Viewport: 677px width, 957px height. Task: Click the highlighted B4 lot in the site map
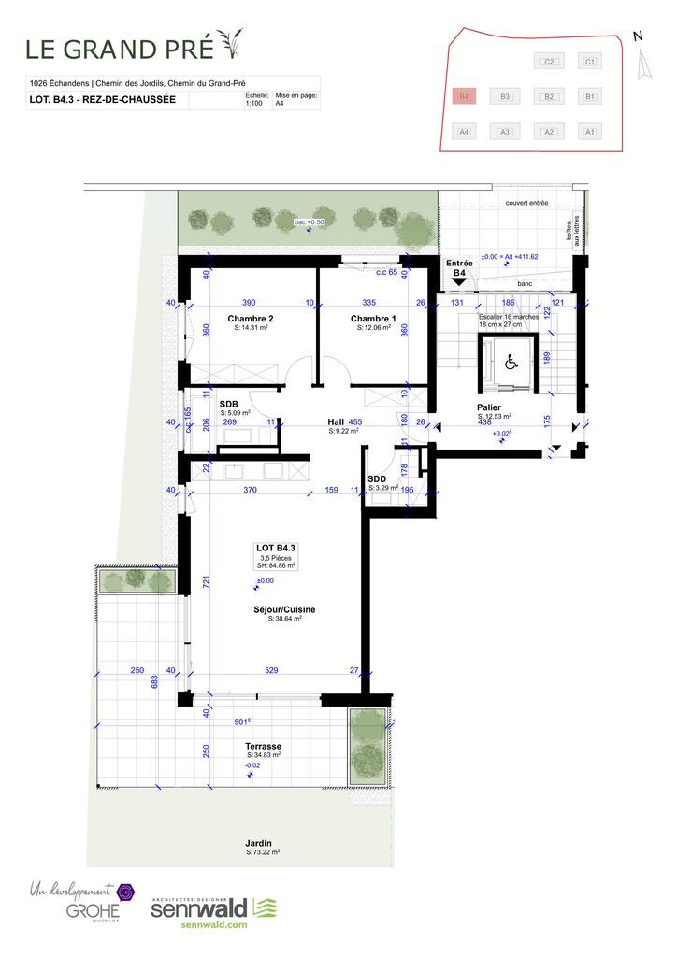pyautogui.click(x=463, y=96)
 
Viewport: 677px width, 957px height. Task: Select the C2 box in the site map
pyautogui.click(x=549, y=62)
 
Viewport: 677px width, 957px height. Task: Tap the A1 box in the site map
pyautogui.click(x=589, y=132)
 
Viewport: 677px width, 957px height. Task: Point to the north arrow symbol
pyautogui.click(x=641, y=64)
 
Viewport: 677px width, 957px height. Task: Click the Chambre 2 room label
pyautogui.click(x=251, y=320)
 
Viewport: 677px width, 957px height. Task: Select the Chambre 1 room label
pyautogui.click(x=373, y=320)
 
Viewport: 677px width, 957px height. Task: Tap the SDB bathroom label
pyautogui.click(x=229, y=404)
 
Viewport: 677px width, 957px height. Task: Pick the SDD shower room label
pyautogui.click(x=377, y=478)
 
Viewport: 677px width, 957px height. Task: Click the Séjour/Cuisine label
pyautogui.click(x=284, y=609)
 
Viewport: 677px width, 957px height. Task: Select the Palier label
pyautogui.click(x=488, y=407)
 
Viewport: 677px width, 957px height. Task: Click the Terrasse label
pyautogui.click(x=263, y=746)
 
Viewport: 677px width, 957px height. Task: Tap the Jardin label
pyautogui.click(x=263, y=843)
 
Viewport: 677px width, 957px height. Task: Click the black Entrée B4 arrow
pyautogui.click(x=459, y=281)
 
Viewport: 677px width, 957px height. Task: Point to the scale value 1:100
pyautogui.click(x=252, y=104)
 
